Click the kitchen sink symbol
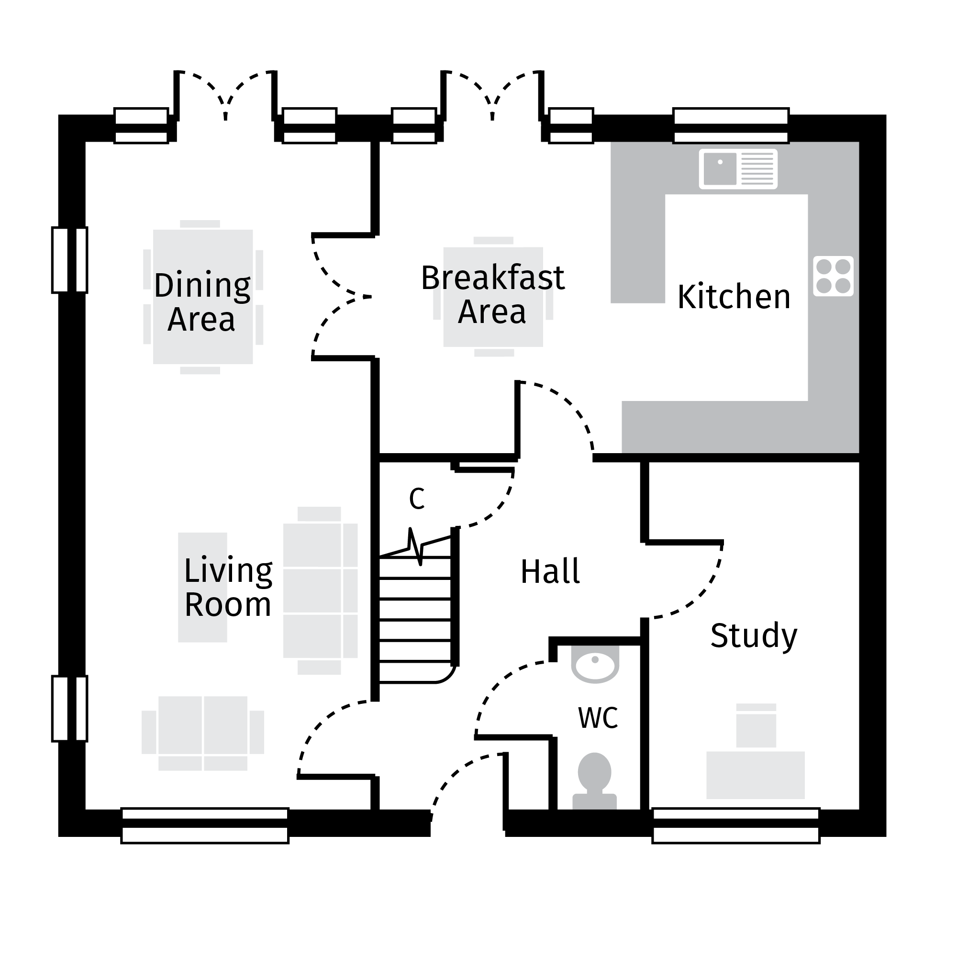click(737, 168)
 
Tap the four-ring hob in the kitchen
click(833, 276)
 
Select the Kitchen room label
click(734, 297)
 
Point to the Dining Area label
click(202, 301)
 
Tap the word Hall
click(550, 572)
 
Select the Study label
click(754, 635)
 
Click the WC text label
click(598, 718)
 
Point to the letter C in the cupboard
click(417, 499)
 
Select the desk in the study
click(755, 775)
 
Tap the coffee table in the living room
click(202, 587)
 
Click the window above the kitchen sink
click(731, 126)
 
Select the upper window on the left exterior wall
click(70, 260)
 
